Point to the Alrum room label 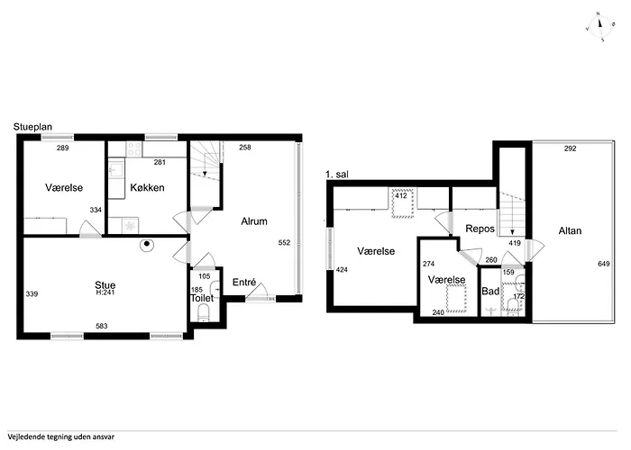tap(254, 220)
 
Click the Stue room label tap(105, 284)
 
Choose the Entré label tap(245, 283)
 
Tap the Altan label tap(570, 230)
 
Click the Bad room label tap(490, 292)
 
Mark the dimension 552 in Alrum tap(285, 242)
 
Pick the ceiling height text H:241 tap(106, 293)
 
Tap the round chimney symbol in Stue tap(146, 244)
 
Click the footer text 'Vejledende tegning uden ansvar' tap(62, 435)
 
